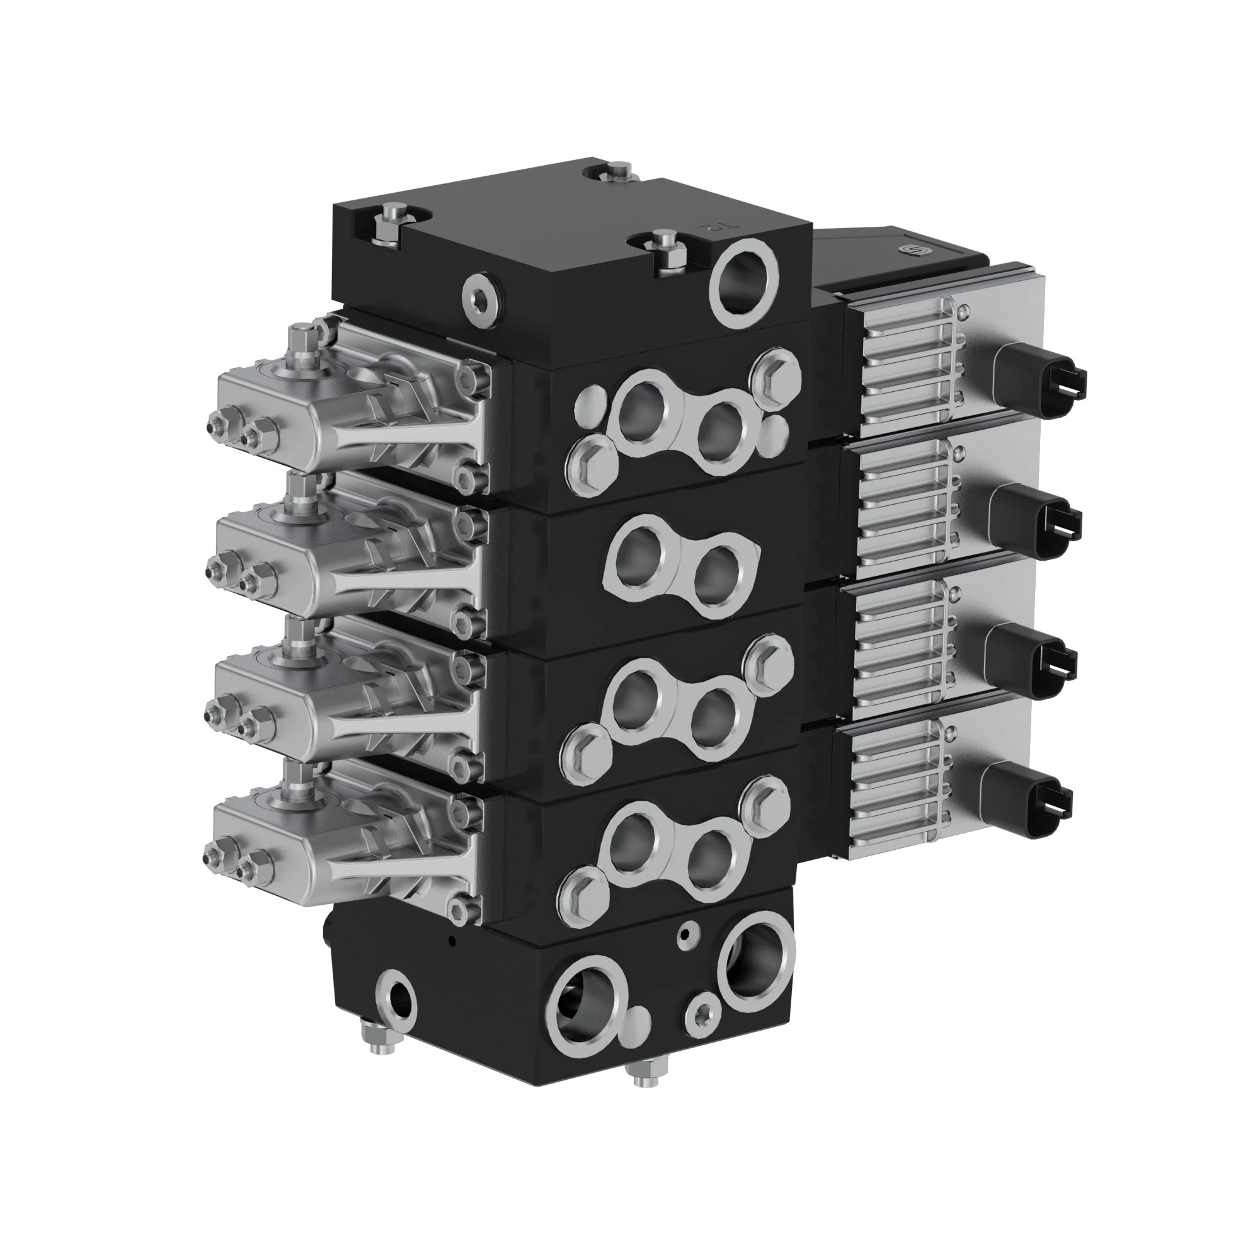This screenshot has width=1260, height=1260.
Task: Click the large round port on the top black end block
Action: (746, 282)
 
